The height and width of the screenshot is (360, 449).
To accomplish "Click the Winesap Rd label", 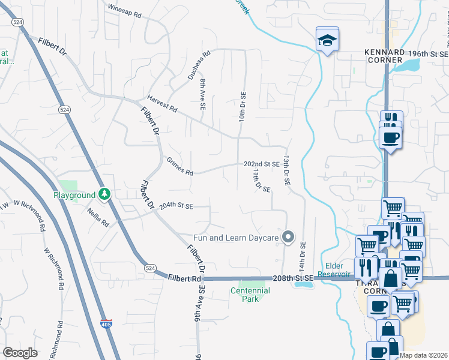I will [124, 9].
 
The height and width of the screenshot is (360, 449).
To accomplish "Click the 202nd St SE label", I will [261, 164].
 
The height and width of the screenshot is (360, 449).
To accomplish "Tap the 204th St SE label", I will [175, 206].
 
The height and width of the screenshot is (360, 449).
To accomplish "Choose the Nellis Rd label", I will [98, 218].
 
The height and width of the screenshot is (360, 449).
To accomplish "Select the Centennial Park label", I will [250, 294].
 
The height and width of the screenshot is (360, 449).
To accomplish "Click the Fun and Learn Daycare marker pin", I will [288, 238].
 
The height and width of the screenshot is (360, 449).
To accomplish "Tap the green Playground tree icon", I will [104, 194].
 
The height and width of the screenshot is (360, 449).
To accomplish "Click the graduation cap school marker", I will [327, 40].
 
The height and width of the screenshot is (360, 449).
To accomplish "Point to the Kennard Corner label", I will [384, 56].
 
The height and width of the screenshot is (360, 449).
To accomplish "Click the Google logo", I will [20, 353].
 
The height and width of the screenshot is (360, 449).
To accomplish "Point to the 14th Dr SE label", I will [303, 254].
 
